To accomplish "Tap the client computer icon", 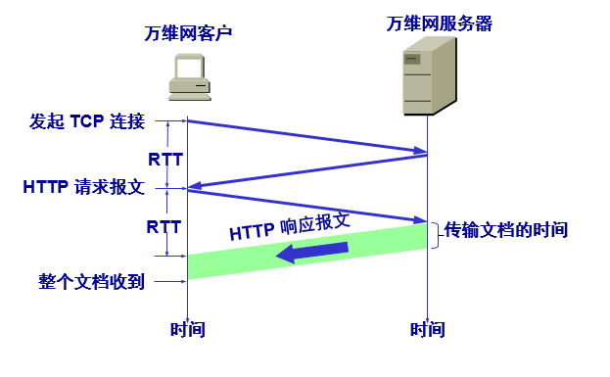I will pos(188,76).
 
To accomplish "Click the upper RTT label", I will pos(164,157).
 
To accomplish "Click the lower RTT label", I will pos(164,225).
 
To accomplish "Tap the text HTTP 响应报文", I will pos(290,225).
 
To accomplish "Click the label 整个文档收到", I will pos(92,282).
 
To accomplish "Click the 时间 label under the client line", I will pos(187,330).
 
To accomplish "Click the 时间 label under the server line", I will pos(428,330).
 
